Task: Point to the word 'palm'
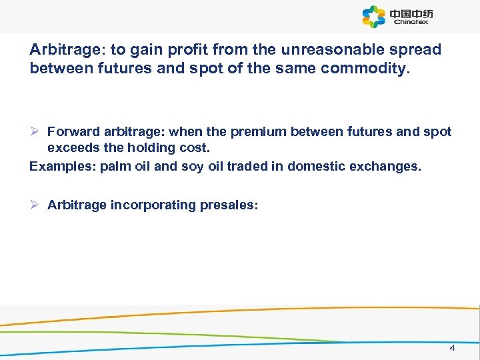pos(114,166)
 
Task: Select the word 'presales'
pos(227,205)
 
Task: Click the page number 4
pos(452,348)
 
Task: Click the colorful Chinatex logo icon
pos(374,17)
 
